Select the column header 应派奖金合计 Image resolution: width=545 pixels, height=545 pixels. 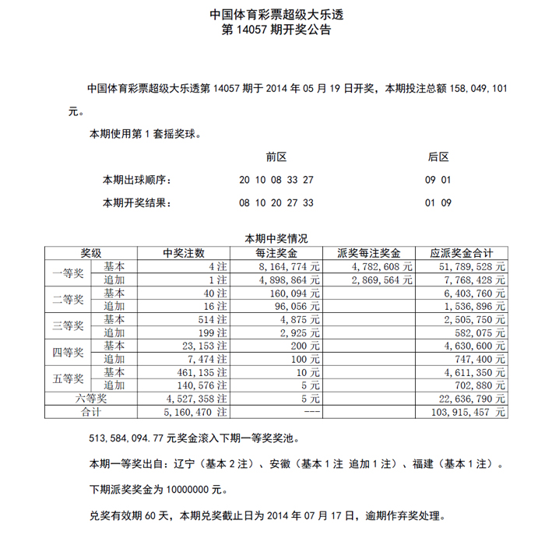462,253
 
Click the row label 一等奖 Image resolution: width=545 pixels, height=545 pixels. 67,273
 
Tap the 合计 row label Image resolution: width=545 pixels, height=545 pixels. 90,411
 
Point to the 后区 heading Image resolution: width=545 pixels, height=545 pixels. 439,157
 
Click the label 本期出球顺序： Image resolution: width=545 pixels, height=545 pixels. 137,181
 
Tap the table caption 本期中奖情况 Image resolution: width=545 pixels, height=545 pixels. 276,239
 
